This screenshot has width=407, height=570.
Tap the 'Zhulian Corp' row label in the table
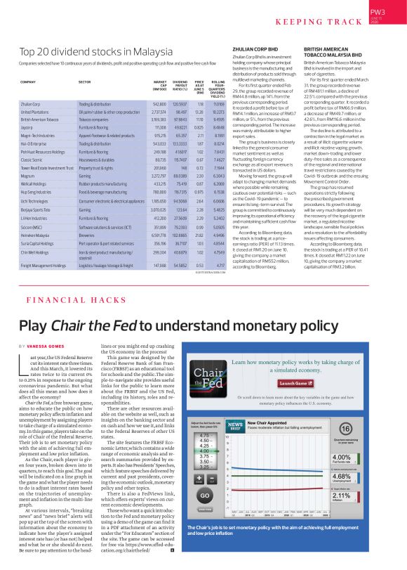[31, 103]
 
